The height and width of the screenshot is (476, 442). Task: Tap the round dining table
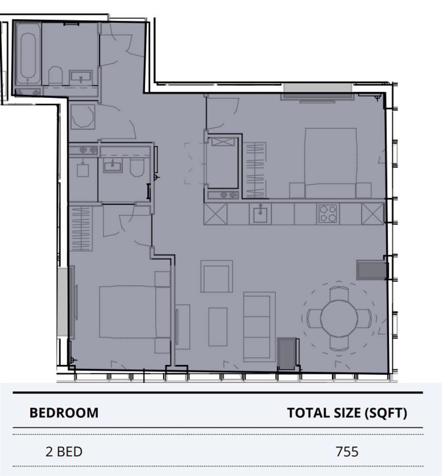339,319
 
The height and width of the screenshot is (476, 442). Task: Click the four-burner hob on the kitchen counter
327,214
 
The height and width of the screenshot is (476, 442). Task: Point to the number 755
347,452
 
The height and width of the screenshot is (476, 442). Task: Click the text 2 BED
64,452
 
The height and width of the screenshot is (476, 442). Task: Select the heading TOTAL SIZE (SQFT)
347,413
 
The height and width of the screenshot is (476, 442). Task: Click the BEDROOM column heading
64,413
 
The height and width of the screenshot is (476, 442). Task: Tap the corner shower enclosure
82,116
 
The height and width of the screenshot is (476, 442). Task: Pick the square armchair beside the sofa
217,276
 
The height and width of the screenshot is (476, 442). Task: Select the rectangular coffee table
217,327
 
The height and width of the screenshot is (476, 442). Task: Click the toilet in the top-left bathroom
55,76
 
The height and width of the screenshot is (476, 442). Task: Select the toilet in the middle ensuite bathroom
137,167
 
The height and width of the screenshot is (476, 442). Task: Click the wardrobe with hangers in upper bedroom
255,170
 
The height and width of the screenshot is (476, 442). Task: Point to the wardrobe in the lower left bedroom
81,228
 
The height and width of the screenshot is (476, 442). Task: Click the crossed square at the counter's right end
373,214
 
